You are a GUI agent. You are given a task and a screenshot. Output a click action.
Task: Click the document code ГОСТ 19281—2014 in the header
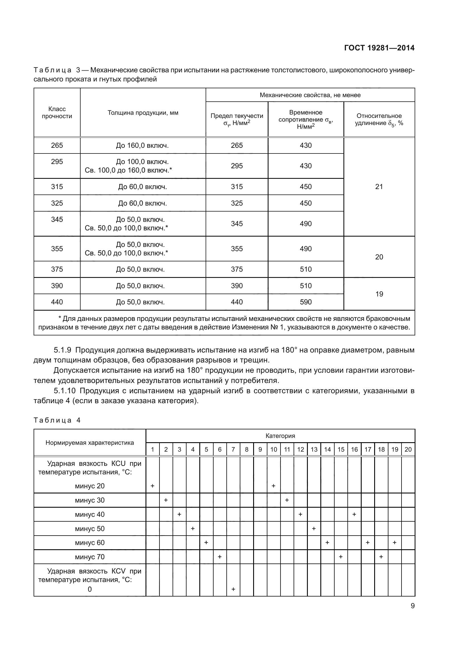(x=379, y=48)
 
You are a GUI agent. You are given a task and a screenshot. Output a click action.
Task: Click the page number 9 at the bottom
(x=412, y=606)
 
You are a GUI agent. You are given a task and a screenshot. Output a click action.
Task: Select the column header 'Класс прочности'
(x=57, y=112)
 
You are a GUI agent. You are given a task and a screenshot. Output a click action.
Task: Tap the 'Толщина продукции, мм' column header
(x=143, y=112)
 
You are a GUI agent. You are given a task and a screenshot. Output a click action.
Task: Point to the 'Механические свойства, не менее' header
(x=310, y=95)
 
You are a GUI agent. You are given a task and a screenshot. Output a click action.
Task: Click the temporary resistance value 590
(x=306, y=302)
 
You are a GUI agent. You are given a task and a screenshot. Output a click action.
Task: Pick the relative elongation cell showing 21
(x=379, y=187)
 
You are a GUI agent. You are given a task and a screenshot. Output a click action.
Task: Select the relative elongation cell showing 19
(x=379, y=294)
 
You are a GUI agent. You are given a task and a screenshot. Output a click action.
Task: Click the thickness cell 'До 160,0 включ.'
(x=142, y=145)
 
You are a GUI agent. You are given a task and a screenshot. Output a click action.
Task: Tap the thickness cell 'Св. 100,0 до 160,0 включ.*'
(x=128, y=170)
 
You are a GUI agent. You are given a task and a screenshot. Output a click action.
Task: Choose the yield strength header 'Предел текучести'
(x=237, y=116)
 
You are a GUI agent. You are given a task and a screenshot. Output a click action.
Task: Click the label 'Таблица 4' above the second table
(x=57, y=420)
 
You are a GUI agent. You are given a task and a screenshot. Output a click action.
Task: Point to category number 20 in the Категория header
(x=408, y=449)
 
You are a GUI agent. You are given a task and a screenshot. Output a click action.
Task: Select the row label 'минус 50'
(x=90, y=528)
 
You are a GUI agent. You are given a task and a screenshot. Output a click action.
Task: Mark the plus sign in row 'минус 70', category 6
(x=220, y=557)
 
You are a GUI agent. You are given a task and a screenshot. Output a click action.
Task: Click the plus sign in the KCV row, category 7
(x=233, y=589)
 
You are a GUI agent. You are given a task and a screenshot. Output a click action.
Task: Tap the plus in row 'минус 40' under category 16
(x=354, y=514)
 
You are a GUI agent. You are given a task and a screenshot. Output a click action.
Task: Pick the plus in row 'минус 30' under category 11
(x=287, y=500)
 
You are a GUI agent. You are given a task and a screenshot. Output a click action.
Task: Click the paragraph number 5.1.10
(x=64, y=391)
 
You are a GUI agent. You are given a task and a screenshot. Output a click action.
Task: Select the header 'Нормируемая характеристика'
(x=90, y=443)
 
